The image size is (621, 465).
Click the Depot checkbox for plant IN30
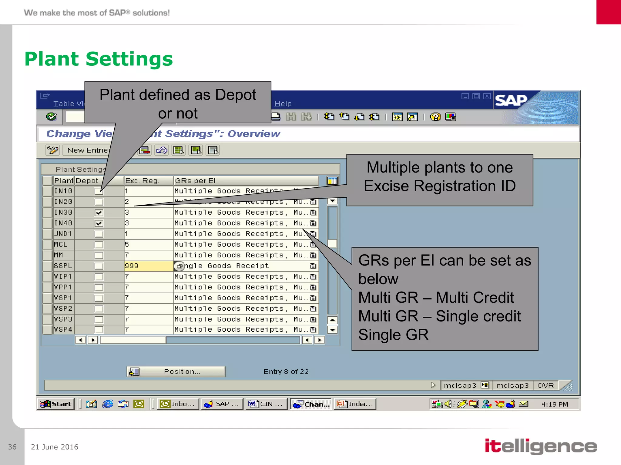click(x=99, y=213)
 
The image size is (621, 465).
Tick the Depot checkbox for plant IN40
click(x=99, y=223)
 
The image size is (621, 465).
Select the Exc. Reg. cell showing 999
click(x=148, y=266)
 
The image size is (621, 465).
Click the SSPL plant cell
click(x=63, y=266)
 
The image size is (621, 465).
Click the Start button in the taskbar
click(x=56, y=404)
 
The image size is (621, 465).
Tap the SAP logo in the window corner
click(x=511, y=101)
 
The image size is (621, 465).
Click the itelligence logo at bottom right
click(x=540, y=446)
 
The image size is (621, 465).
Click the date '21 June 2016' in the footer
click(x=55, y=447)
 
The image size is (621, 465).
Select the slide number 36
click(x=12, y=447)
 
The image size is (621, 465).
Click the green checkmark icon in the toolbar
click(x=52, y=117)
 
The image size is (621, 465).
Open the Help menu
click(x=283, y=104)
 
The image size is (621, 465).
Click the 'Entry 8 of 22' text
click(x=286, y=371)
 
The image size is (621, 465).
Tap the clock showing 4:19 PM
click(x=555, y=404)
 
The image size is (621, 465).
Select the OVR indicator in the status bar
click(x=545, y=385)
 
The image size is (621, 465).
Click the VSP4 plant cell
click(x=63, y=329)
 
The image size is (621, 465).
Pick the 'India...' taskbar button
click(x=355, y=404)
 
